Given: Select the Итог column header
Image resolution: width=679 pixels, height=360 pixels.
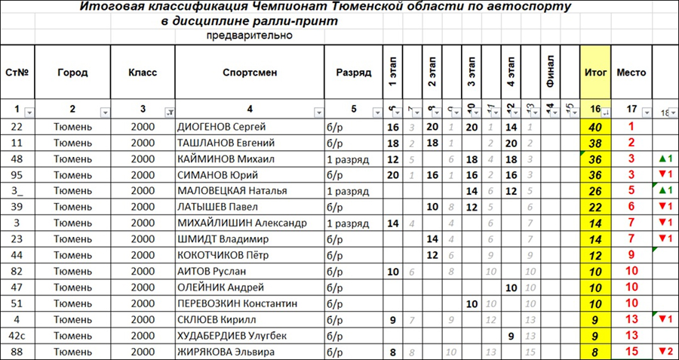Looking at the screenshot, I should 595,73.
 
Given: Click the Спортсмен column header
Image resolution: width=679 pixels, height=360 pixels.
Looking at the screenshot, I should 250,73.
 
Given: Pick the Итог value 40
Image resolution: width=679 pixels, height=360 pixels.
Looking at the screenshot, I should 595,127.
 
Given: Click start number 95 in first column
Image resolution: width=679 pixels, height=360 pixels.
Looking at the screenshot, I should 17,174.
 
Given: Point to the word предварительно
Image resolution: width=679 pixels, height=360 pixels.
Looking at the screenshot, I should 249,35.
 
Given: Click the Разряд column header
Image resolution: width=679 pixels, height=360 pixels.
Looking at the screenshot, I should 354,73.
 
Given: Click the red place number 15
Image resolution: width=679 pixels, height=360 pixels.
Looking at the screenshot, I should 631,351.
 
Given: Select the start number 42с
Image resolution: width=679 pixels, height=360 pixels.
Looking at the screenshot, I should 17,334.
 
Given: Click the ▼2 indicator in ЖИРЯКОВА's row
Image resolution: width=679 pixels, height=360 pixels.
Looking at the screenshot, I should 665,351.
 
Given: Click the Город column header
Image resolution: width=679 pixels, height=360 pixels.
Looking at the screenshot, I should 72,73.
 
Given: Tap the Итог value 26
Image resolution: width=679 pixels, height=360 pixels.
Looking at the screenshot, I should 595,190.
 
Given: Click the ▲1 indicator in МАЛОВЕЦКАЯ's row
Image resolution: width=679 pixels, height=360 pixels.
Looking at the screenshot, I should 665,190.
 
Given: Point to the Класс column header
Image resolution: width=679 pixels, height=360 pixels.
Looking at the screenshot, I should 143,73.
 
